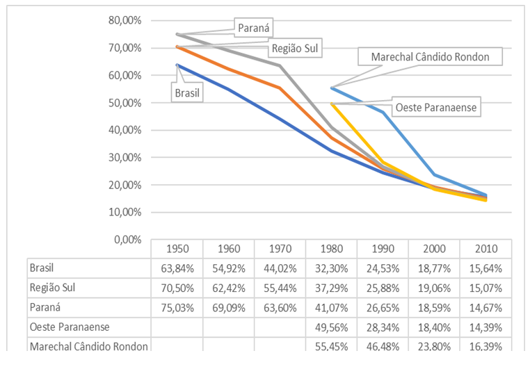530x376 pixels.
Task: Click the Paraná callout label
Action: tap(253, 28)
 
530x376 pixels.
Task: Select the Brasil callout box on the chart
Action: tap(186, 91)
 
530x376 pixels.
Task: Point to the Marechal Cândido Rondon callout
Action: tap(431, 57)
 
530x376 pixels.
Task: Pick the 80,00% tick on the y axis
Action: tap(125, 21)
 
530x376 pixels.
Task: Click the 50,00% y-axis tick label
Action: tap(125, 103)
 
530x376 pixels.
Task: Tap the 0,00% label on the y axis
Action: tap(127, 240)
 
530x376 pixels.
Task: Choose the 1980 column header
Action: tap(331, 249)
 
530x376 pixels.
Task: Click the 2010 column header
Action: tap(485, 249)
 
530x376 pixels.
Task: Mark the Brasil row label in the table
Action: tap(42, 267)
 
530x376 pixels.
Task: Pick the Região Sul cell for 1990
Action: tap(383, 287)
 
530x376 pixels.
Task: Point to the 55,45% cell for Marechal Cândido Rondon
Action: tap(331, 345)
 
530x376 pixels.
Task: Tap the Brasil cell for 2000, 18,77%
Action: tap(434, 268)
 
